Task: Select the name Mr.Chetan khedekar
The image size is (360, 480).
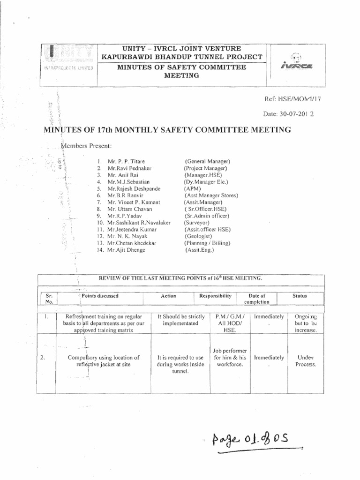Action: (x=133, y=243)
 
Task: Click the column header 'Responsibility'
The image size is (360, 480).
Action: (x=215, y=296)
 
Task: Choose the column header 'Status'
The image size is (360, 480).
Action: (x=300, y=296)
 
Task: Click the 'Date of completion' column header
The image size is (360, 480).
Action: (x=256, y=299)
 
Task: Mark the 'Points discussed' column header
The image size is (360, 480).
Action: (x=100, y=296)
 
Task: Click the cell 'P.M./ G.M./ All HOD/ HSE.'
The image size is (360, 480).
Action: (x=227, y=323)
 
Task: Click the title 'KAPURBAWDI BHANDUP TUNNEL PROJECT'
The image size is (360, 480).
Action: (x=182, y=57)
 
